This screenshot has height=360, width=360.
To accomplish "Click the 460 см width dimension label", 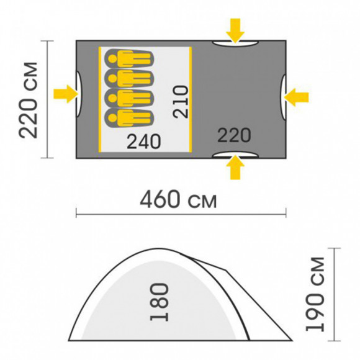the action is pyautogui.click(x=178, y=199).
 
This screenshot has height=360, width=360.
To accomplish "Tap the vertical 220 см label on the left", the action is pyautogui.click(x=28, y=101).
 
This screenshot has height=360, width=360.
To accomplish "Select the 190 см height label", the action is pyautogui.click(x=315, y=294).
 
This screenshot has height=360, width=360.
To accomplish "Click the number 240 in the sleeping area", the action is pyautogui.click(x=144, y=142).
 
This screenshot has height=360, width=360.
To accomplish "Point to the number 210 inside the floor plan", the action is pyautogui.click(x=181, y=102).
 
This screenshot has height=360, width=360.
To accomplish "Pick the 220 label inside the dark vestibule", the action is pyautogui.click(x=234, y=135).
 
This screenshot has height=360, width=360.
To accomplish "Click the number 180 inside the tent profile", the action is pyautogui.click(x=160, y=302).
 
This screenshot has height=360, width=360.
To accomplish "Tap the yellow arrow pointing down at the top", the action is pyautogui.click(x=235, y=30).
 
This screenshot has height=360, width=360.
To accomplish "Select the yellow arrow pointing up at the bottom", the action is pyautogui.click(x=235, y=167).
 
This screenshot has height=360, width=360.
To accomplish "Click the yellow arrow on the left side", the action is pyautogui.click(x=65, y=94).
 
